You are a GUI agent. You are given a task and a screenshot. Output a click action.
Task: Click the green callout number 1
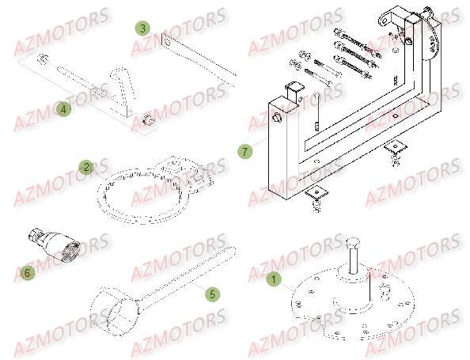click(x=274, y=279)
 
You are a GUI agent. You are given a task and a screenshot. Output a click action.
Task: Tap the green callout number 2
click(x=86, y=166)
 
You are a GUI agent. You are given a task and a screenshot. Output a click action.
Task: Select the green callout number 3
click(x=142, y=28)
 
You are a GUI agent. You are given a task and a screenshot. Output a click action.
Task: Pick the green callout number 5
click(x=211, y=294)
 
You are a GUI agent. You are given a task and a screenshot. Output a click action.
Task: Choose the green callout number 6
click(x=28, y=272)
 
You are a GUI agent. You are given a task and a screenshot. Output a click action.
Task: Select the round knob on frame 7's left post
click(x=279, y=118)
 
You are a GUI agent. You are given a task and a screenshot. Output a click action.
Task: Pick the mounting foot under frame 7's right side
click(x=394, y=150)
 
